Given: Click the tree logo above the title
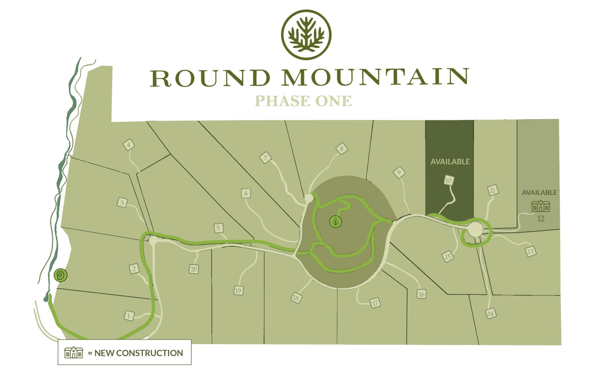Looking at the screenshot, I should click(306, 35).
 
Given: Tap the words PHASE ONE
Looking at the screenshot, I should click(303, 101).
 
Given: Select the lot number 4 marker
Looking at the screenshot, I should click(129, 145).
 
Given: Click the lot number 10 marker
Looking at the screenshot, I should click(448, 181).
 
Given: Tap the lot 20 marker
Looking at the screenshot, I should click(194, 269).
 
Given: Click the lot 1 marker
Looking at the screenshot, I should click(129, 316).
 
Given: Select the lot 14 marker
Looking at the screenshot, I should click(490, 314).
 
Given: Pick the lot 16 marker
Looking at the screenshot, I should click(421, 294).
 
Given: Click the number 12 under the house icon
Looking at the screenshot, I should click(541, 218).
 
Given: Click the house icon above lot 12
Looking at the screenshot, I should click(541, 206).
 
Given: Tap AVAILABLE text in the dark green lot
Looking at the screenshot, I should click(450, 162).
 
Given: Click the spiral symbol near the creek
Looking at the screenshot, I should click(61, 275).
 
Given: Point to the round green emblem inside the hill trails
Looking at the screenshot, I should click(335, 221).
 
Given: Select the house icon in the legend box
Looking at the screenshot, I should click(73, 352).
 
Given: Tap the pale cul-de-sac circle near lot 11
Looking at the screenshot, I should click(475, 229).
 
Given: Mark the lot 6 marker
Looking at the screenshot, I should click(246, 193).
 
